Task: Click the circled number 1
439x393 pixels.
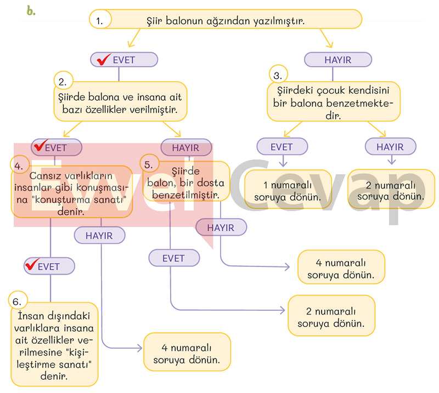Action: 99,21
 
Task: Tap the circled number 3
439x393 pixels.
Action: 278,75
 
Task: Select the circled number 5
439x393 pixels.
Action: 149,163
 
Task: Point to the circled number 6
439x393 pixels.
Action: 19,301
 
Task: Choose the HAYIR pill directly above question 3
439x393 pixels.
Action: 337,60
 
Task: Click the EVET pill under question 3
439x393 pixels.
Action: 282,147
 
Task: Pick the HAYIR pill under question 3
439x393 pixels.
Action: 390,147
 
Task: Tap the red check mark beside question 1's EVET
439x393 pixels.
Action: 103,59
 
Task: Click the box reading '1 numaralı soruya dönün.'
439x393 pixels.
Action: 288,190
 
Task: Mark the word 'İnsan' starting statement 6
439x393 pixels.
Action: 31,317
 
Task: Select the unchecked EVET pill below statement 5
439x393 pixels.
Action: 173,258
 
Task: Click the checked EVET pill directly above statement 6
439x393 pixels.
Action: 49,266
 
